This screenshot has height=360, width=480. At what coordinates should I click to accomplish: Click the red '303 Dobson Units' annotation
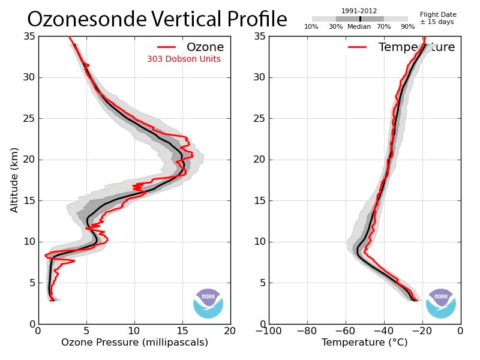[x=184, y=59]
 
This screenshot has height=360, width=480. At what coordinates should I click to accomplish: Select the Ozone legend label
[x=205, y=47]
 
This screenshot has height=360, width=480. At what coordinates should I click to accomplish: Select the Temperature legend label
[x=416, y=47]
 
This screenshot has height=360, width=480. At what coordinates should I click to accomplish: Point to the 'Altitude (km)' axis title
[x=14, y=179]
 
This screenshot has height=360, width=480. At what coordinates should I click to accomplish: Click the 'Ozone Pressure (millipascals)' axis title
[x=134, y=343]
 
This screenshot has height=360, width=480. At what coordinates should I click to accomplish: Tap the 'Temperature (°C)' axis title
[x=364, y=343]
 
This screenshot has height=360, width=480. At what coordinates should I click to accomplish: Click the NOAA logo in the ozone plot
[x=208, y=303]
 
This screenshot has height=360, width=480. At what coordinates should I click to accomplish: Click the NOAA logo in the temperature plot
[x=441, y=303]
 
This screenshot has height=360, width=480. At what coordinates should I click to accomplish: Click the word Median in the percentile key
[x=359, y=27]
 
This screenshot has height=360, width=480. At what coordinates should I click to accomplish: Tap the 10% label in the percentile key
[x=311, y=27]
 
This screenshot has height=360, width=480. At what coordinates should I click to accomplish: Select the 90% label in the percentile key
[x=407, y=27]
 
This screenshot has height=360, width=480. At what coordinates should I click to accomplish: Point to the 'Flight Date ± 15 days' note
[x=438, y=18]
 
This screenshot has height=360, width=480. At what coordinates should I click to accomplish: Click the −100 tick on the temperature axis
[x=268, y=330]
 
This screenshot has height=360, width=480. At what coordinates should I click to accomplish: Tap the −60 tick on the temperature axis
[x=345, y=330]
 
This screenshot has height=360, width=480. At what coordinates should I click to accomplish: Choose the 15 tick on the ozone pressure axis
[x=182, y=330]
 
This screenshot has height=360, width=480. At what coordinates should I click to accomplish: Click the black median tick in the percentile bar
[x=360, y=19]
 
